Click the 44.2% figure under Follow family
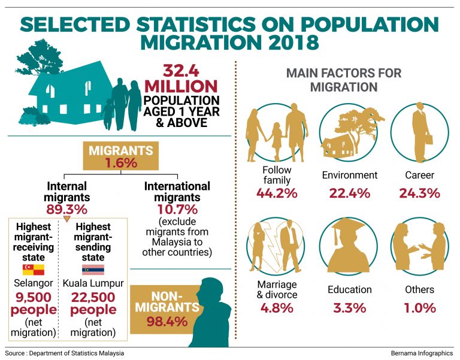click(277, 193)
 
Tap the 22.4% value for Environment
click(349, 193)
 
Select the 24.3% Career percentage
click(419, 193)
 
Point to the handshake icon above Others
click(419, 246)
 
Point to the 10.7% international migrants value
click(177, 209)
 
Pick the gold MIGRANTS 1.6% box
click(121, 156)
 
